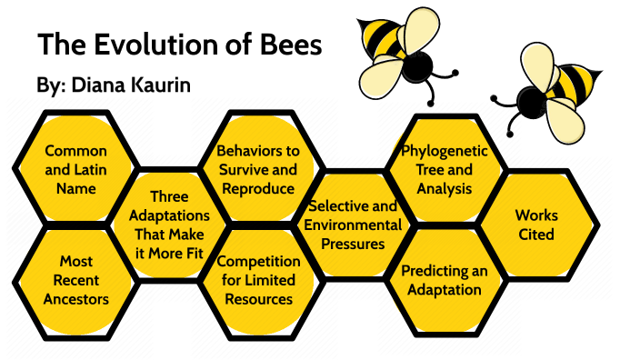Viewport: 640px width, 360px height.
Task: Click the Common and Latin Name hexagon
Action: (75, 169)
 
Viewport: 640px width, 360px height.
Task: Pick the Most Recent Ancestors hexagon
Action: (76, 279)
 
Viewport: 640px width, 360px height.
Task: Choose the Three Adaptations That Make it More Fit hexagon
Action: (169, 225)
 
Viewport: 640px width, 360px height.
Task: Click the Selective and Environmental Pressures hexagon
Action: (353, 225)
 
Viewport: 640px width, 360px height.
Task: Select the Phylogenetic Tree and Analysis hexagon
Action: (445, 169)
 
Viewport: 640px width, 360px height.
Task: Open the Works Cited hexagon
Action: (536, 225)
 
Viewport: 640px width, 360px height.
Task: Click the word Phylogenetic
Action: (445, 151)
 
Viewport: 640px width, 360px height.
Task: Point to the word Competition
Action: (258, 262)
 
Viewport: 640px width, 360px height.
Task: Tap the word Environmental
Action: (353, 225)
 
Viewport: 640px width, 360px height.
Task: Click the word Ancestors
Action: (76, 298)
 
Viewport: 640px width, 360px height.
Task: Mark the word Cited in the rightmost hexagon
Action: (536, 235)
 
